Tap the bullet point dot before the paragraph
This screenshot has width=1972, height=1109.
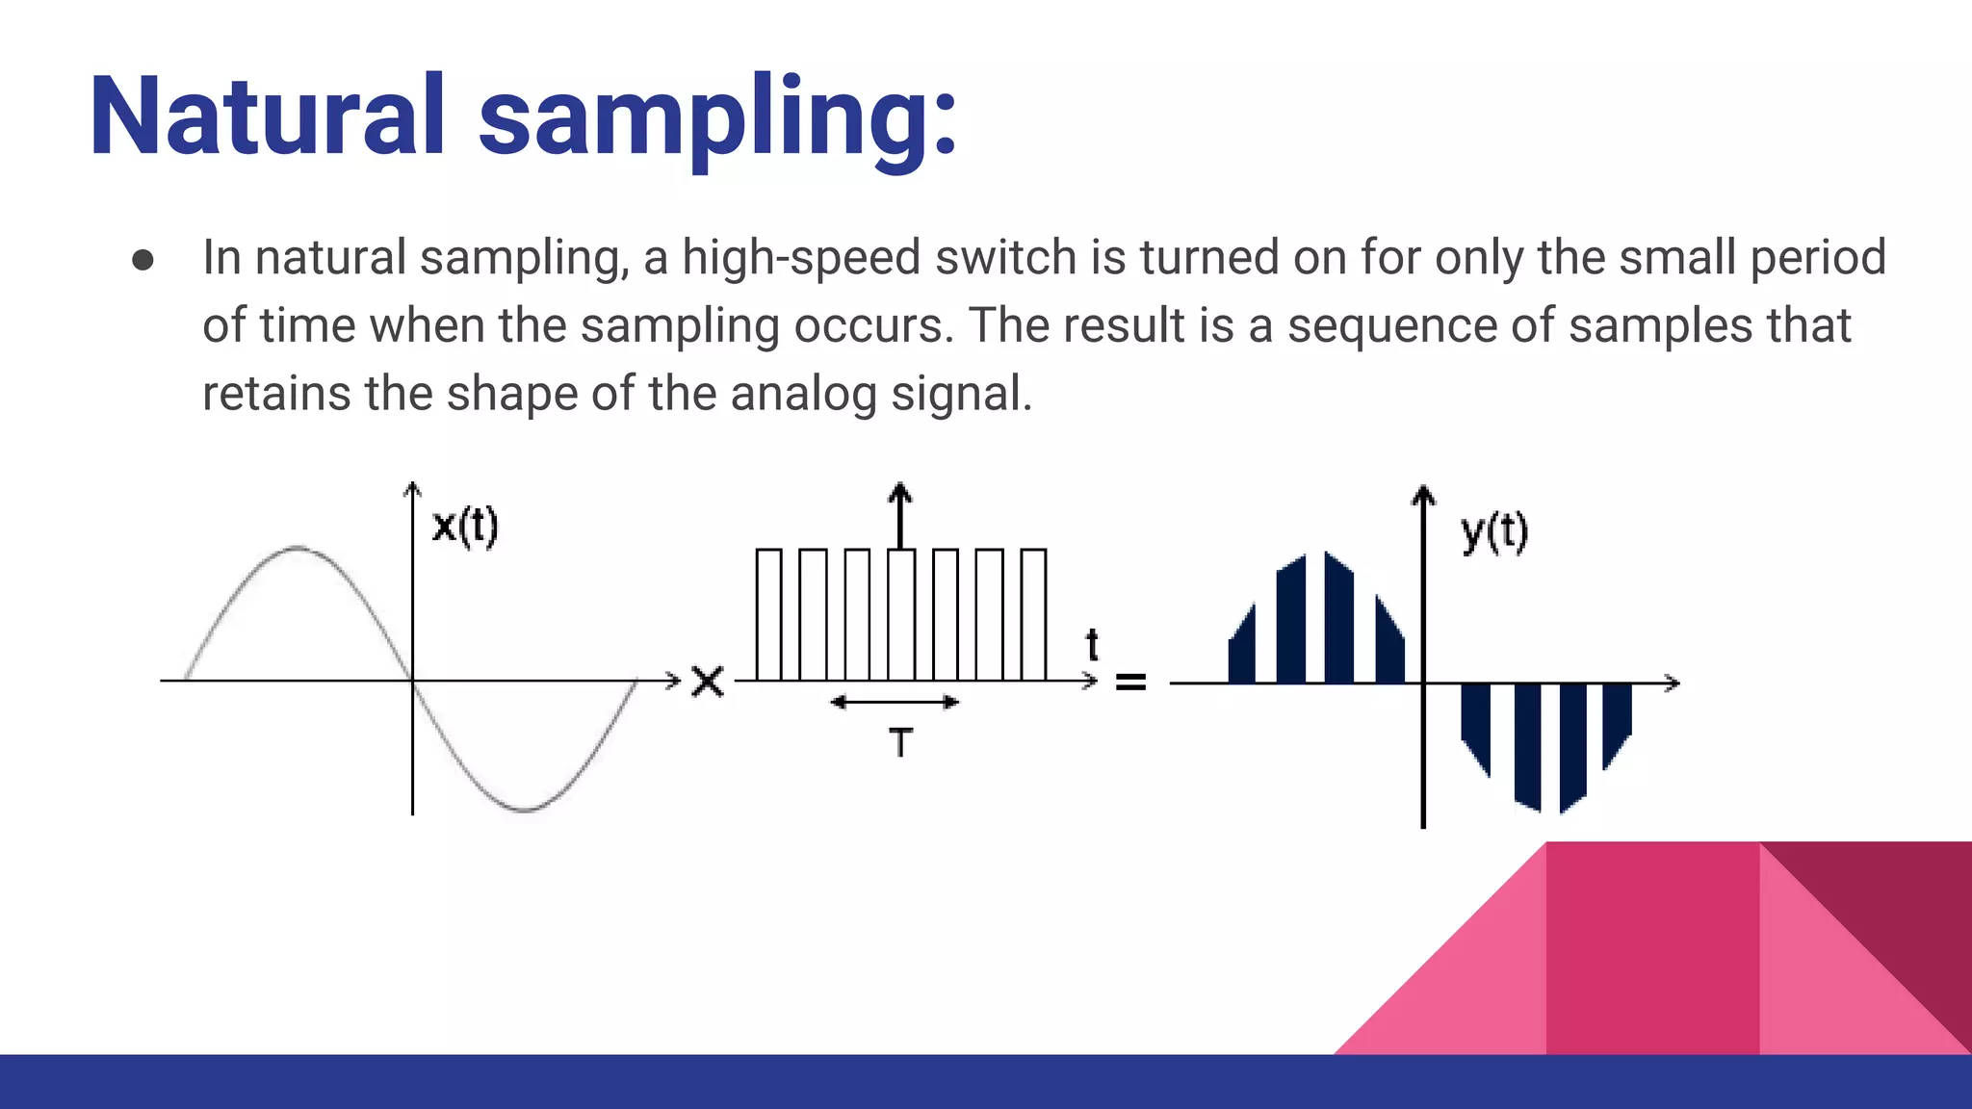pyautogui.click(x=143, y=260)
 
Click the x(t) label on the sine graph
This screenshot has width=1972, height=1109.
pyautogui.click(x=465, y=526)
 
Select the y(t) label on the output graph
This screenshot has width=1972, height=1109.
pyautogui.click(x=1493, y=531)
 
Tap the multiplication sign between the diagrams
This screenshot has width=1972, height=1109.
pyautogui.click(x=708, y=682)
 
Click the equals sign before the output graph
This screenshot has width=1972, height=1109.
pyautogui.click(x=1130, y=683)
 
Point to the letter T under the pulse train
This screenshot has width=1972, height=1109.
pyautogui.click(x=900, y=742)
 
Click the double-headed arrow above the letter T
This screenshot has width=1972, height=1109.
pyautogui.click(x=895, y=702)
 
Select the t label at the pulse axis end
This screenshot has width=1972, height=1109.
pyautogui.click(x=1092, y=644)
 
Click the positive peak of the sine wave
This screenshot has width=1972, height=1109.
pyautogui.click(x=298, y=549)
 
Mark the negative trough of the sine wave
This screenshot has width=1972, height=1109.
pyautogui.click(x=526, y=810)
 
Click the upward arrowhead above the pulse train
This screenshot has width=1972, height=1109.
pyautogui.click(x=899, y=493)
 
